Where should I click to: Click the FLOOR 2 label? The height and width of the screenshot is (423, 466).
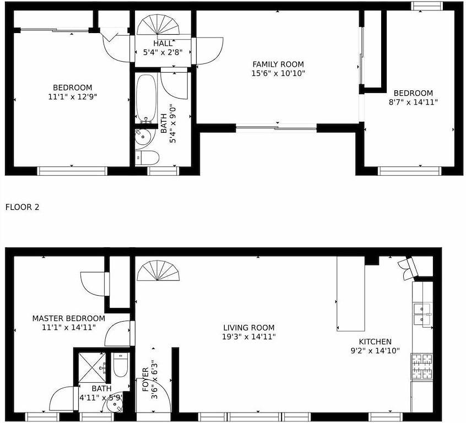[22, 207]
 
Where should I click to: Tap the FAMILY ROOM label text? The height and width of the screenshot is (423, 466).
[278, 64]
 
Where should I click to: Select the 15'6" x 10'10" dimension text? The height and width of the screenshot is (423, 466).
[278, 73]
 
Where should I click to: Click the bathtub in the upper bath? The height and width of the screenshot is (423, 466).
[146, 99]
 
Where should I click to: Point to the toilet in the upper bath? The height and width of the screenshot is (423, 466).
[147, 158]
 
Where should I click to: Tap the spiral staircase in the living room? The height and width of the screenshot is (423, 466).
[158, 270]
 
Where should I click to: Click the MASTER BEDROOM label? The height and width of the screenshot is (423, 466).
[69, 318]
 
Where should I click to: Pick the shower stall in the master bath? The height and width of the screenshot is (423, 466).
[92, 368]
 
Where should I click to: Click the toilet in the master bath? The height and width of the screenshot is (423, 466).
[121, 365]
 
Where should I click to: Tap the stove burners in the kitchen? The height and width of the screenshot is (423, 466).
[421, 367]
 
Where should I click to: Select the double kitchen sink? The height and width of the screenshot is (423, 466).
[422, 315]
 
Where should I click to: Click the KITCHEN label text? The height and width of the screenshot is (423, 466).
[375, 341]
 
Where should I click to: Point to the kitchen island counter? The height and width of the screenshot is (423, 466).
[351, 294]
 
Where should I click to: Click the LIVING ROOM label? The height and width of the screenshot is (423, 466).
[249, 328]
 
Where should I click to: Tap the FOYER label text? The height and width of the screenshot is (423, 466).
[145, 379]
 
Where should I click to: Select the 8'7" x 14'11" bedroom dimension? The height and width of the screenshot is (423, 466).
[413, 102]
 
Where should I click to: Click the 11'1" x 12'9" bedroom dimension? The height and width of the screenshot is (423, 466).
[73, 96]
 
